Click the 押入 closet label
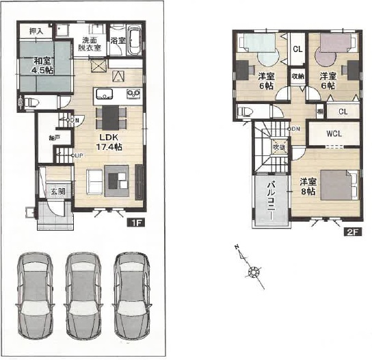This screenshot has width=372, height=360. click(x=36, y=30)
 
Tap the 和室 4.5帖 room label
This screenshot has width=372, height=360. click(x=44, y=65)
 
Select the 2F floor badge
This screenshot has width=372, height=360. click(x=351, y=232)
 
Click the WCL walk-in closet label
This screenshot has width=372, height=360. click(x=333, y=133)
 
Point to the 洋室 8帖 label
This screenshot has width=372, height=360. click(x=308, y=186)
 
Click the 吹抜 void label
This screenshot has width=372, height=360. click(x=278, y=146)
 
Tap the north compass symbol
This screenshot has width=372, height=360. click(x=254, y=272)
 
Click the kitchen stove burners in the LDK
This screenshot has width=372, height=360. click(x=133, y=93)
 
